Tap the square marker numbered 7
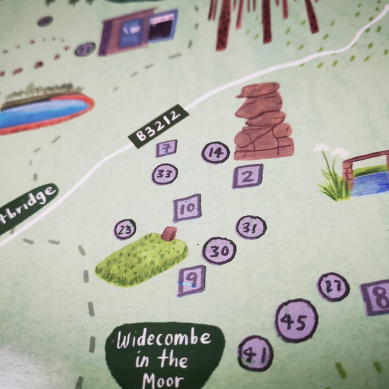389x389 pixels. click(x=166, y=148)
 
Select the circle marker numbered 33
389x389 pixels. click(x=164, y=174)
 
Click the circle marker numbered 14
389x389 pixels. click(x=215, y=153)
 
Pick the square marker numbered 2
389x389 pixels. click(x=247, y=177)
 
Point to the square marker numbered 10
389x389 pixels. click(x=187, y=208)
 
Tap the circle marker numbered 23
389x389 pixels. click(x=125, y=230)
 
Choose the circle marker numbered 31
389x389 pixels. click(x=251, y=227)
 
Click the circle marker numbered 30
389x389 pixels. click(x=219, y=250)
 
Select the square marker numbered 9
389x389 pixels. click(x=191, y=280)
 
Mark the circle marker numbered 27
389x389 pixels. click(x=333, y=287)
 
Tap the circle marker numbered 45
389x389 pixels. click(x=296, y=321)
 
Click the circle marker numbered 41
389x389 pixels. click(x=255, y=353)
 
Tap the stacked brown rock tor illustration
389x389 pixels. click(x=263, y=124)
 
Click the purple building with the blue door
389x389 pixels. click(x=139, y=32)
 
